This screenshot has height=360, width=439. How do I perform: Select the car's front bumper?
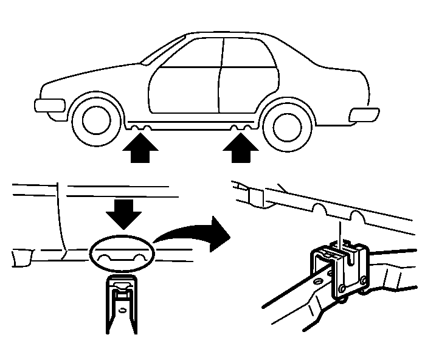pyautogui.click(x=47, y=105)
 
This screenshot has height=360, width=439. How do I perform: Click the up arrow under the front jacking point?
pyautogui.click(x=142, y=150)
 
